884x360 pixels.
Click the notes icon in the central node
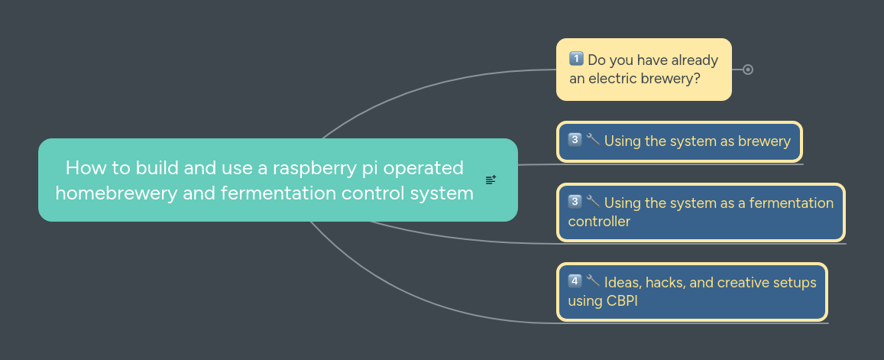[491, 180]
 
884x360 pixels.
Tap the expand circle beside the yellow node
[748, 70]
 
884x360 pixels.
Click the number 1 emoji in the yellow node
[576, 60]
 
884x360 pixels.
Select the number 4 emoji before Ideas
[575, 282]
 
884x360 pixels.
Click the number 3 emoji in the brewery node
[575, 140]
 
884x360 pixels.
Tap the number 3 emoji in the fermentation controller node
[575, 203]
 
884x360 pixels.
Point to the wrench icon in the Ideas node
[593, 281]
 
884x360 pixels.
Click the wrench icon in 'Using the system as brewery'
[593, 140]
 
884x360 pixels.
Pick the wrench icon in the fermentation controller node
[593, 203]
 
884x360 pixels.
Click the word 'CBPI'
[622, 300]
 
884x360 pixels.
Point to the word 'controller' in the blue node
[599, 222]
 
